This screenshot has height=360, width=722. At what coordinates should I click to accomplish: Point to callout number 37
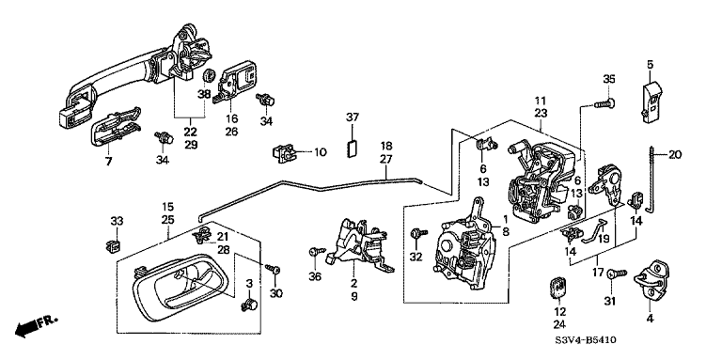click(x=353, y=117)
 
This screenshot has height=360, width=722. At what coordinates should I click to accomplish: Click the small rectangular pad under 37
click(x=353, y=149)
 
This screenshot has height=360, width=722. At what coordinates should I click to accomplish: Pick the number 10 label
click(x=320, y=152)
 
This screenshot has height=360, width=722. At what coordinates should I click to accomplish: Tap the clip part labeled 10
click(x=283, y=152)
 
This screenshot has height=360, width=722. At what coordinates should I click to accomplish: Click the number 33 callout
click(x=117, y=222)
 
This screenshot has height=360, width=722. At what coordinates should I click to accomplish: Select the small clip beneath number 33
click(x=113, y=245)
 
